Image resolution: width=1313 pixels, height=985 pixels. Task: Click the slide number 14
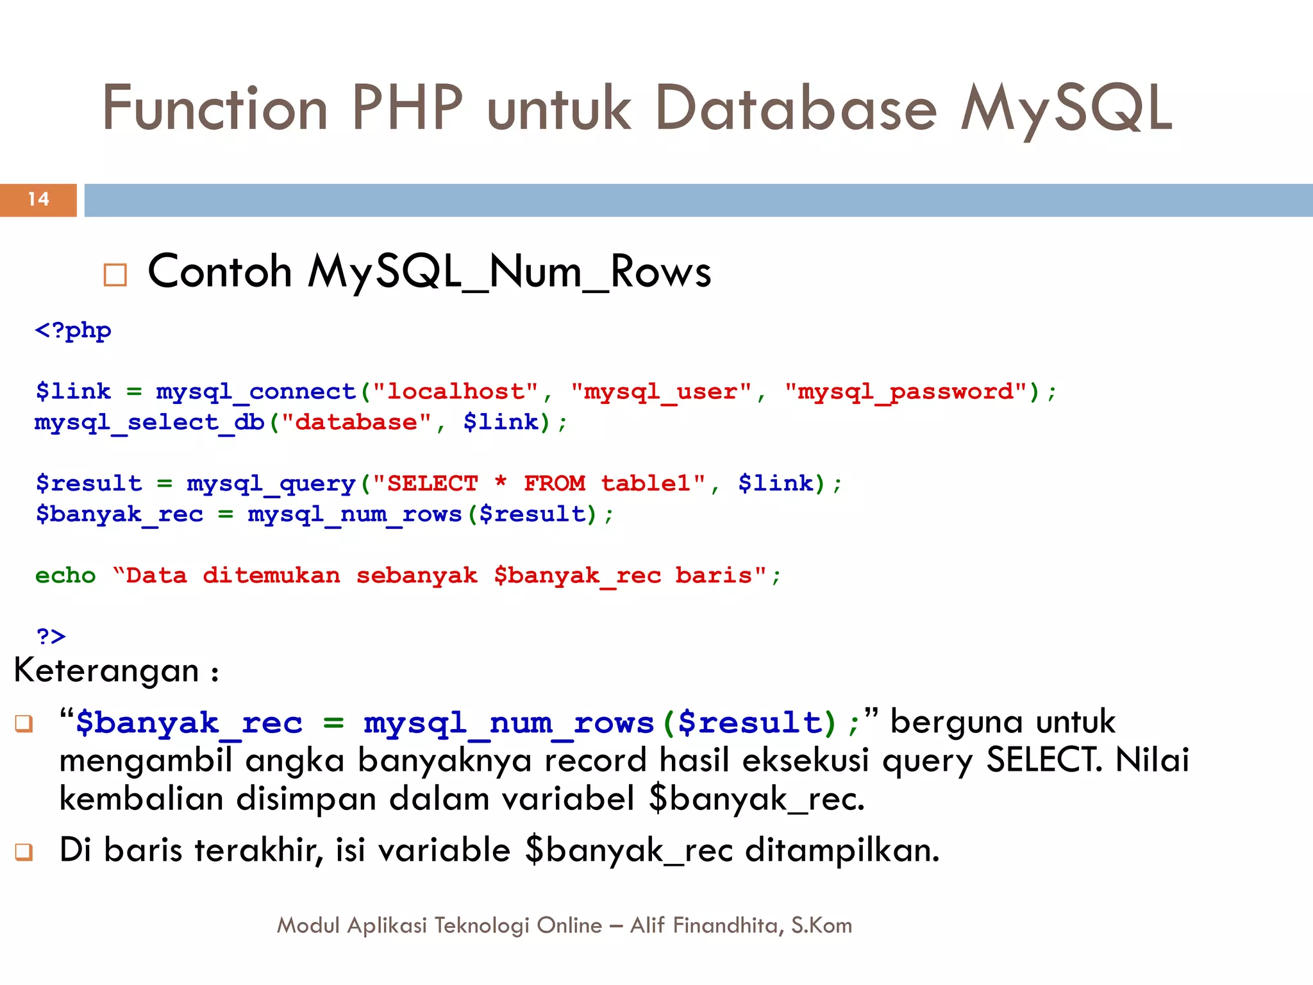(38, 199)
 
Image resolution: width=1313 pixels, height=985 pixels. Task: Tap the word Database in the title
(796, 108)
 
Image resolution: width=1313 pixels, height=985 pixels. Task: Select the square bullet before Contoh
(115, 275)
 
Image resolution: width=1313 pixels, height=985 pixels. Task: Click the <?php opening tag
(73, 331)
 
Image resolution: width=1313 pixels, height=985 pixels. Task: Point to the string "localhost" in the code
(455, 391)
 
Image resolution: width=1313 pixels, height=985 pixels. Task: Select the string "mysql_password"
(905, 391)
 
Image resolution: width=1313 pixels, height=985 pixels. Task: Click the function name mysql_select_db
(149, 423)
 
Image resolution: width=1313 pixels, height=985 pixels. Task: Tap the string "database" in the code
(356, 423)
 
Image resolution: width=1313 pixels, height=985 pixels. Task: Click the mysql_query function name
(271, 484)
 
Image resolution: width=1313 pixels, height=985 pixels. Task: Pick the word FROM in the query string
(555, 484)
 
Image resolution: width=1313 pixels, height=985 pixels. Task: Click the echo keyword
(65, 575)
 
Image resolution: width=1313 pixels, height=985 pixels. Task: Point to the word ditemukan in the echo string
(271, 575)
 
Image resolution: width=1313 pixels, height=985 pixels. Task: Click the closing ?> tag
(51, 636)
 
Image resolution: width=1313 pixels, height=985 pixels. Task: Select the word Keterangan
(106, 671)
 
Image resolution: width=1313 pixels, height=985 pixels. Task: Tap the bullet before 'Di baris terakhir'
(24, 852)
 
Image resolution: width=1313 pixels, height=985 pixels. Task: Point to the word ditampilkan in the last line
(842, 851)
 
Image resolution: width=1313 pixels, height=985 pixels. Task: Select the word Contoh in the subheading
(220, 271)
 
